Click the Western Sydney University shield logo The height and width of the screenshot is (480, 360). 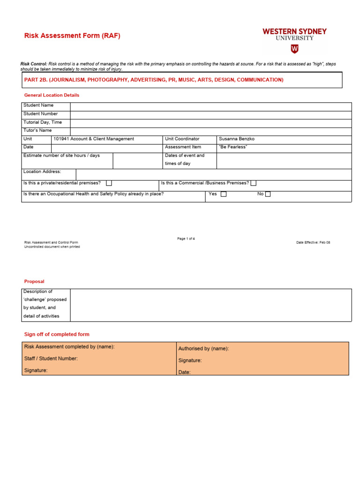pos(294,49)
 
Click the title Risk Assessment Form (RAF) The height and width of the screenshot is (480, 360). pos(72,36)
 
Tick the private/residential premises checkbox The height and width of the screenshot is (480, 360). pos(109,183)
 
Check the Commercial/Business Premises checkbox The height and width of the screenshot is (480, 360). pos(253,183)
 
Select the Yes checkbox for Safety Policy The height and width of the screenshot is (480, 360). pos(224,194)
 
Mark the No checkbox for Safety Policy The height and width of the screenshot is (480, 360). pos(268,194)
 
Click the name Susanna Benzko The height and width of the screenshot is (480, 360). pos(237,139)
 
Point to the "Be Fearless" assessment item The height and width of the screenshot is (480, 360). pos(233,147)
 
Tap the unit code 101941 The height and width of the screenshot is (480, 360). pos(61,139)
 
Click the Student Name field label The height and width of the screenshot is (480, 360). pos(38,105)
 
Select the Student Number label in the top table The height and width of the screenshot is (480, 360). pos(41,114)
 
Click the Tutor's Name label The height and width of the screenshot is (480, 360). pos(37,130)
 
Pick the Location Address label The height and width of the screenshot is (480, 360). pos(42,172)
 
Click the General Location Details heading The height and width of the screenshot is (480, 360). pos(52,95)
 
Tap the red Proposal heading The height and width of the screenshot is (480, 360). pos(34,282)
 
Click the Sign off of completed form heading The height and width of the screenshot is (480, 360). pos(57,334)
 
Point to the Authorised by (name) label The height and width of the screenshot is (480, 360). pos(203,349)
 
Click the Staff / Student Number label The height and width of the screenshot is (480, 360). pos(51,359)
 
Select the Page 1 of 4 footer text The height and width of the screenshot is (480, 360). pos(186,239)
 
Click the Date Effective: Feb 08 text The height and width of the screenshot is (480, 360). pos(313,242)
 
